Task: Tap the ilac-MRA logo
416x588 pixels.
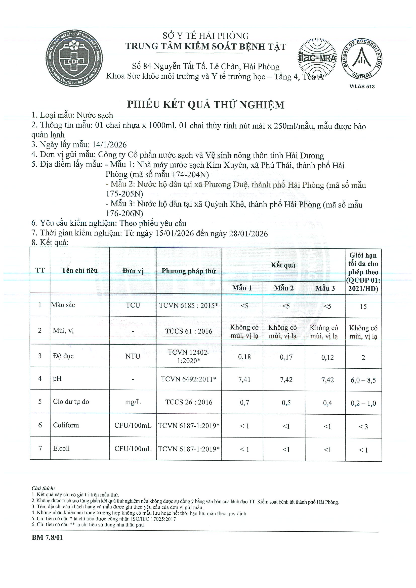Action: (x=317, y=58)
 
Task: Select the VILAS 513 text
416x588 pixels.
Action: (x=362, y=86)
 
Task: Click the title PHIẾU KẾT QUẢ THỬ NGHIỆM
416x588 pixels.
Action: (x=206, y=105)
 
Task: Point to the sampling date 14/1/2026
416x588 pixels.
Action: (x=109, y=145)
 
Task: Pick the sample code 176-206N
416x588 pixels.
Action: (x=124, y=213)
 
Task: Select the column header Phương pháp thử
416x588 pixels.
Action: (x=189, y=271)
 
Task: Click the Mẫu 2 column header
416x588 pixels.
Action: (x=284, y=288)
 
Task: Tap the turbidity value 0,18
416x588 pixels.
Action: (x=244, y=357)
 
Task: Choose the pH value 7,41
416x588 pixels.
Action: (x=244, y=379)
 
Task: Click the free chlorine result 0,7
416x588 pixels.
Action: (x=244, y=403)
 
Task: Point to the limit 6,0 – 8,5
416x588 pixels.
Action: (x=363, y=380)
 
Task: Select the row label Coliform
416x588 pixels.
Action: (x=66, y=425)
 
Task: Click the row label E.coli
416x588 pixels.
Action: (x=61, y=448)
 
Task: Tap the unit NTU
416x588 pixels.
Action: (x=133, y=357)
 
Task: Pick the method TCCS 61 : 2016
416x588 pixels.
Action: (x=189, y=331)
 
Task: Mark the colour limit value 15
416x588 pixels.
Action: (x=363, y=307)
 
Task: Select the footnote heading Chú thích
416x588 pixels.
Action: (x=43, y=488)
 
